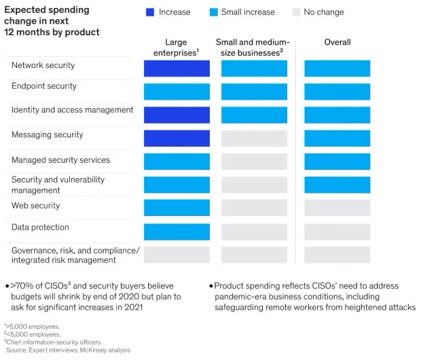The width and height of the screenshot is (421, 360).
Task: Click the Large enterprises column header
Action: click(176, 48)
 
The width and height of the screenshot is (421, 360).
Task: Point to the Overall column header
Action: click(337, 42)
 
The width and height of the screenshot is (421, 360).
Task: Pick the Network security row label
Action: click(43, 66)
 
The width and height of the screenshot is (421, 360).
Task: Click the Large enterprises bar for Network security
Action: click(177, 69)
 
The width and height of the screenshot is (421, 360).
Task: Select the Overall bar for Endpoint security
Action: click(337, 92)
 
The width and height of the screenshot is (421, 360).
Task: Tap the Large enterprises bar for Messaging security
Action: click(177, 139)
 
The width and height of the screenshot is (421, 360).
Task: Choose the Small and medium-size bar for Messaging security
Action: click(254, 139)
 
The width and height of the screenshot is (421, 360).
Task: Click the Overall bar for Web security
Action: click(337, 208)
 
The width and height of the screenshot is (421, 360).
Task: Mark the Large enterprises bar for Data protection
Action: click(177, 232)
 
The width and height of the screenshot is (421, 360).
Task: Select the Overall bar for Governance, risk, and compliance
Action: click(337, 255)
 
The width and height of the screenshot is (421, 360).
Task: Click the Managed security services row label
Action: click(60, 160)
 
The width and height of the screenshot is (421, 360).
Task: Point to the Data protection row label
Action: click(40, 228)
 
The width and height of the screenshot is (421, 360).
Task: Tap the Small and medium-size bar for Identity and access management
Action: click(254, 115)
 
